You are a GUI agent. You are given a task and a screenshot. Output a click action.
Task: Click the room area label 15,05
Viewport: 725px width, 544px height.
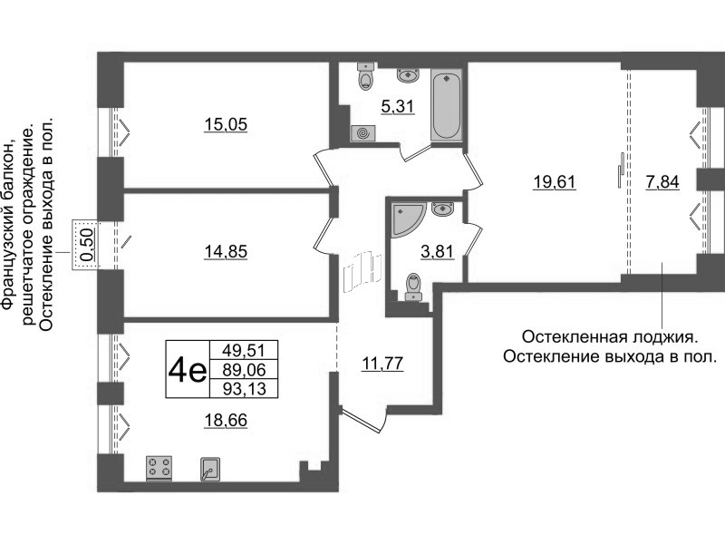226,124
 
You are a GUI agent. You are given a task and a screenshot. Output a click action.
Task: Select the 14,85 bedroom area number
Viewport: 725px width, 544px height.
226,252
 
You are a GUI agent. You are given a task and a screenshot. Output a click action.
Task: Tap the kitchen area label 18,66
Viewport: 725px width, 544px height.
226,421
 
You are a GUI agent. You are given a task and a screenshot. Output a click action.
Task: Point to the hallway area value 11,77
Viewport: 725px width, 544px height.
382,364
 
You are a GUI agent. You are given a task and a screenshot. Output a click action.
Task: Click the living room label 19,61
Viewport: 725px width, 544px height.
555,182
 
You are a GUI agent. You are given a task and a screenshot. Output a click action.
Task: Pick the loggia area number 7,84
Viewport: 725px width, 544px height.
662,182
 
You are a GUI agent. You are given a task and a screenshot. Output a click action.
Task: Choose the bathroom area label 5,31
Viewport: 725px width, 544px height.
398,107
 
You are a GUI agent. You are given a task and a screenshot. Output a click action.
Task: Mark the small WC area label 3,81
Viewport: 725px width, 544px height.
437,252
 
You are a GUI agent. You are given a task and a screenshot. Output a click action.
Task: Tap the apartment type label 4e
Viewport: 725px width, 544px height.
188,370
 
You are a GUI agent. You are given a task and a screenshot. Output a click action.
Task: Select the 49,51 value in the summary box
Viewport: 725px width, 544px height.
244,350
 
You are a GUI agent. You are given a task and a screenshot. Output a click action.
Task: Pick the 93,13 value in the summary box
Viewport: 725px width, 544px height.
244,389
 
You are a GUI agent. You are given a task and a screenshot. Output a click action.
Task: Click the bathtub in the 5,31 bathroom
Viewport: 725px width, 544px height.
447,105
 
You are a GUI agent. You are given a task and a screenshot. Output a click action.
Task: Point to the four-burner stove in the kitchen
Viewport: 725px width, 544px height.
159,467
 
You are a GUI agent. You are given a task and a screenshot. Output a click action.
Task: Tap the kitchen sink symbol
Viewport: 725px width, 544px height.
210,469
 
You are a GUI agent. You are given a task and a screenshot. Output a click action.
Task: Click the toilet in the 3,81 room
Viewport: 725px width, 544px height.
413,287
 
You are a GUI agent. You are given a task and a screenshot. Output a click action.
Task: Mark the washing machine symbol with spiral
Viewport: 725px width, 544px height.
363,133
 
